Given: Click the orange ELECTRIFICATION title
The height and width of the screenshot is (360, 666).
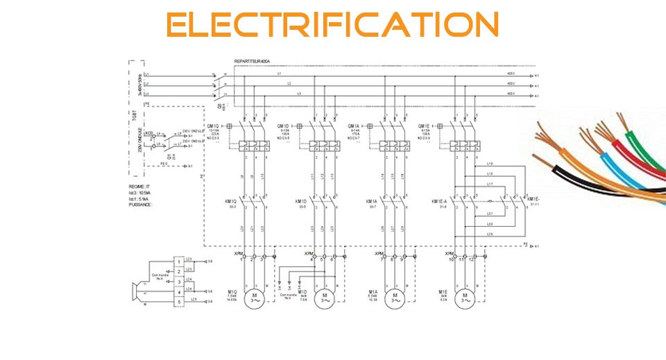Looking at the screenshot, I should (333, 26).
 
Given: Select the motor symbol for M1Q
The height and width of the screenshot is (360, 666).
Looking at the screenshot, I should (254, 298).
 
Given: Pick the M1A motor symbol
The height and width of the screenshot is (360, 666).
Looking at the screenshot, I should (395, 298).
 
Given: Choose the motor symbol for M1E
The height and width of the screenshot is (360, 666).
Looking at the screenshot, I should (466, 298).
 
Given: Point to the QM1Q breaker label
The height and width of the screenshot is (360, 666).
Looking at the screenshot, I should (229, 126).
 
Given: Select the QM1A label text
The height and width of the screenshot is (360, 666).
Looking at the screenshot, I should (354, 126).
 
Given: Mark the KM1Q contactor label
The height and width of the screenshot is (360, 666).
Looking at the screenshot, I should (230, 201).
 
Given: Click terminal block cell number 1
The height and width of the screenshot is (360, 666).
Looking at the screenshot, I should (179, 261).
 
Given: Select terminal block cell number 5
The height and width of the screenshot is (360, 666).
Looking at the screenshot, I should (179, 302).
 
